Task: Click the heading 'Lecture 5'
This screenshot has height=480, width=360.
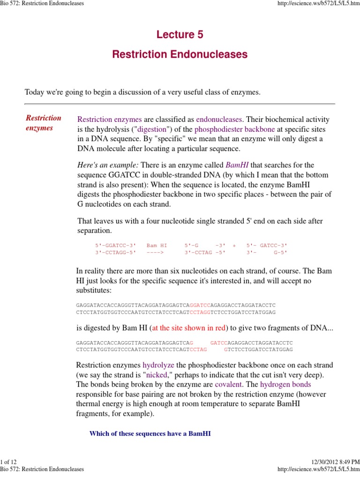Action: pyautogui.click(x=180, y=35)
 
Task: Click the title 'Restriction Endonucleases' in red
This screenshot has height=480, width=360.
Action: pyautogui.click(x=180, y=54)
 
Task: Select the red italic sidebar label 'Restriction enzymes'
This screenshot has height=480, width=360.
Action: pyautogui.click(x=43, y=123)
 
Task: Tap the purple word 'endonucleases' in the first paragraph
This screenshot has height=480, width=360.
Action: pyautogui.click(x=219, y=120)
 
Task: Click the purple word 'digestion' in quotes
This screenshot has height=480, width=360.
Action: pyautogui.click(x=152, y=129)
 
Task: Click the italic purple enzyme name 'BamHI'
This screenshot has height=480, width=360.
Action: pyautogui.click(x=237, y=165)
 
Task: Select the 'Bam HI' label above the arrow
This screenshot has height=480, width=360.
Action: pyautogui.click(x=157, y=245)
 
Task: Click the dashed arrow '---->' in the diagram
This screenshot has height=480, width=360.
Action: pyautogui.click(x=155, y=252)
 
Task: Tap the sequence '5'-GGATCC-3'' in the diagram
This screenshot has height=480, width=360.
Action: pyautogui.click(x=115, y=245)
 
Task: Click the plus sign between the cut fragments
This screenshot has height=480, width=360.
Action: pyautogui.click(x=234, y=245)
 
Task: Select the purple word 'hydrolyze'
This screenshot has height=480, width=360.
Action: pyautogui.click(x=158, y=365)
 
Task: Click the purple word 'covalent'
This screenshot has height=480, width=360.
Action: pyautogui.click(x=229, y=384)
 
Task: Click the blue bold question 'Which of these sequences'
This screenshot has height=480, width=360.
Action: pyautogui.click(x=150, y=434)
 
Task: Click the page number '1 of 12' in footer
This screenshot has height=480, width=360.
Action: pyautogui.click(x=9, y=463)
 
